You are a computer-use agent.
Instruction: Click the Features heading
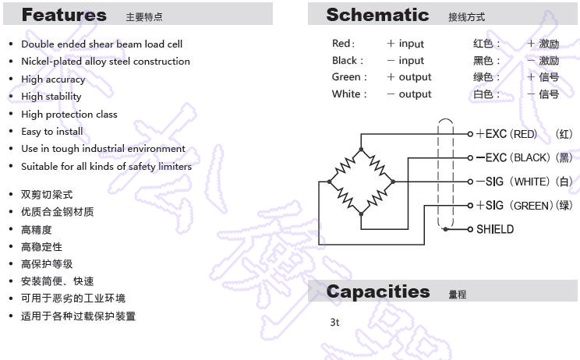click(64, 15)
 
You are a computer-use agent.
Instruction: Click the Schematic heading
click(377, 15)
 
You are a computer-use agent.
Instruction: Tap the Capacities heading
click(378, 291)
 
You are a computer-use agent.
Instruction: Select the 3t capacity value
click(334, 323)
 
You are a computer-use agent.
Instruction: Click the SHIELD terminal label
click(495, 229)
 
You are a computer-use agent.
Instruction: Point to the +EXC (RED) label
click(507, 134)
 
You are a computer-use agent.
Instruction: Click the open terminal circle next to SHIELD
click(470, 230)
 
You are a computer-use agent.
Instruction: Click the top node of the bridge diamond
click(361, 150)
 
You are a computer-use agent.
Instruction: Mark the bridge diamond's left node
click(329, 182)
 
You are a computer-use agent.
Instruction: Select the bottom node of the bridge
click(361, 214)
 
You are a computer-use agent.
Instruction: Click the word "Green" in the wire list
click(346, 77)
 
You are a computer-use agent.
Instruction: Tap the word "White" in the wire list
click(346, 94)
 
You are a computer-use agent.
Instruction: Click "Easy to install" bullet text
click(51, 132)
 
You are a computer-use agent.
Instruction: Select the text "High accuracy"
click(53, 79)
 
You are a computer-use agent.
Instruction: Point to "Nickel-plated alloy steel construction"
click(105, 62)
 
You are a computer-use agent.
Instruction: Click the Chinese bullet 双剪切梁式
click(47, 194)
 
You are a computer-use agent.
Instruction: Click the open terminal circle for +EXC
click(470, 134)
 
